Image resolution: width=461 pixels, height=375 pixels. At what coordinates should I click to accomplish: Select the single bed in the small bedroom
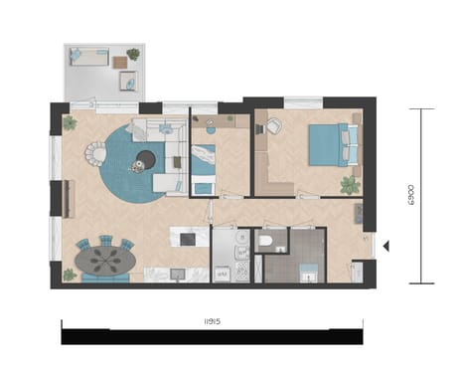tap(204, 169)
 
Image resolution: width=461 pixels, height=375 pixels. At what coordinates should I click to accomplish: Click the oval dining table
tap(104, 259)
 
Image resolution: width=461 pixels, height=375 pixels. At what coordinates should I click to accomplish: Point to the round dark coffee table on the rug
tap(146, 159)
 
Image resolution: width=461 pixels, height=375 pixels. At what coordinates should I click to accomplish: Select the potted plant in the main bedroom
tap(349, 185)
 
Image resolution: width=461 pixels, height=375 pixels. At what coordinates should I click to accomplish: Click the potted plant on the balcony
tap(133, 55)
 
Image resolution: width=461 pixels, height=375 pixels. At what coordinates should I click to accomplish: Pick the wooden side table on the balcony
tap(120, 63)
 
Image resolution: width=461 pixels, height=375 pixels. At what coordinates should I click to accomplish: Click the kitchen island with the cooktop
tap(189, 237)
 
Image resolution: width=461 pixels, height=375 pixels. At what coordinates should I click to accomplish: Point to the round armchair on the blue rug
tap(97, 153)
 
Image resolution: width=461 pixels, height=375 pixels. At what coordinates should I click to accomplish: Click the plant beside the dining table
tap(70, 274)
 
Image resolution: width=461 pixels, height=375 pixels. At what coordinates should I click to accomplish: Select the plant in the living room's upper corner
tap(70, 123)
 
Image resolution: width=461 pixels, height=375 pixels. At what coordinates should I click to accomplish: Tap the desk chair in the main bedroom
tap(274, 126)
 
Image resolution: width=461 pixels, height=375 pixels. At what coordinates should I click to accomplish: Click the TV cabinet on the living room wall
tap(68, 198)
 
